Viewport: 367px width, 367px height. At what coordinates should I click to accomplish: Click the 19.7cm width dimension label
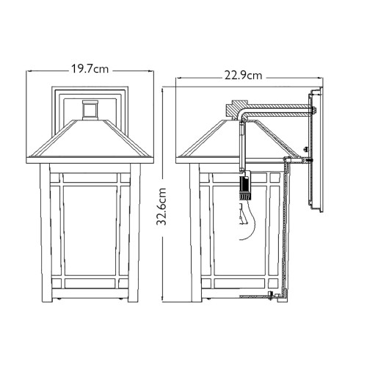click(90, 69)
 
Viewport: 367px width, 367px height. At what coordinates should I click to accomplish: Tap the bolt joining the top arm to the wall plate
click(313, 112)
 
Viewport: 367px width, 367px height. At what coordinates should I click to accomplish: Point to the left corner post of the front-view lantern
click(43, 235)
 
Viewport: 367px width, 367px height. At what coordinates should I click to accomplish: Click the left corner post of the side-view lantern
click(194, 235)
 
